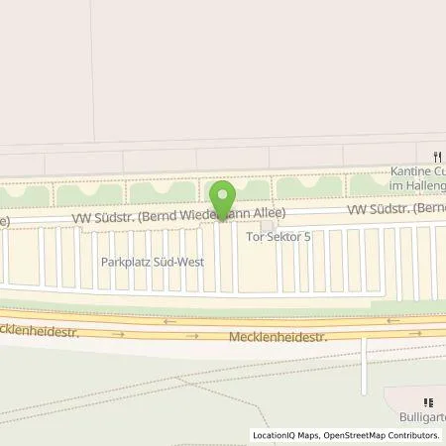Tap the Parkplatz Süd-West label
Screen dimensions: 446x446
pyautogui.click(x=148, y=263)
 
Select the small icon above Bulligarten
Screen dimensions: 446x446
pyautogui.click(x=428, y=402)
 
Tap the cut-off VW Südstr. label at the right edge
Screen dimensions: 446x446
pyautogui.click(x=395, y=210)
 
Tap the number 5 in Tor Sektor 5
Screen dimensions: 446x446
pyautogui.click(x=306, y=237)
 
